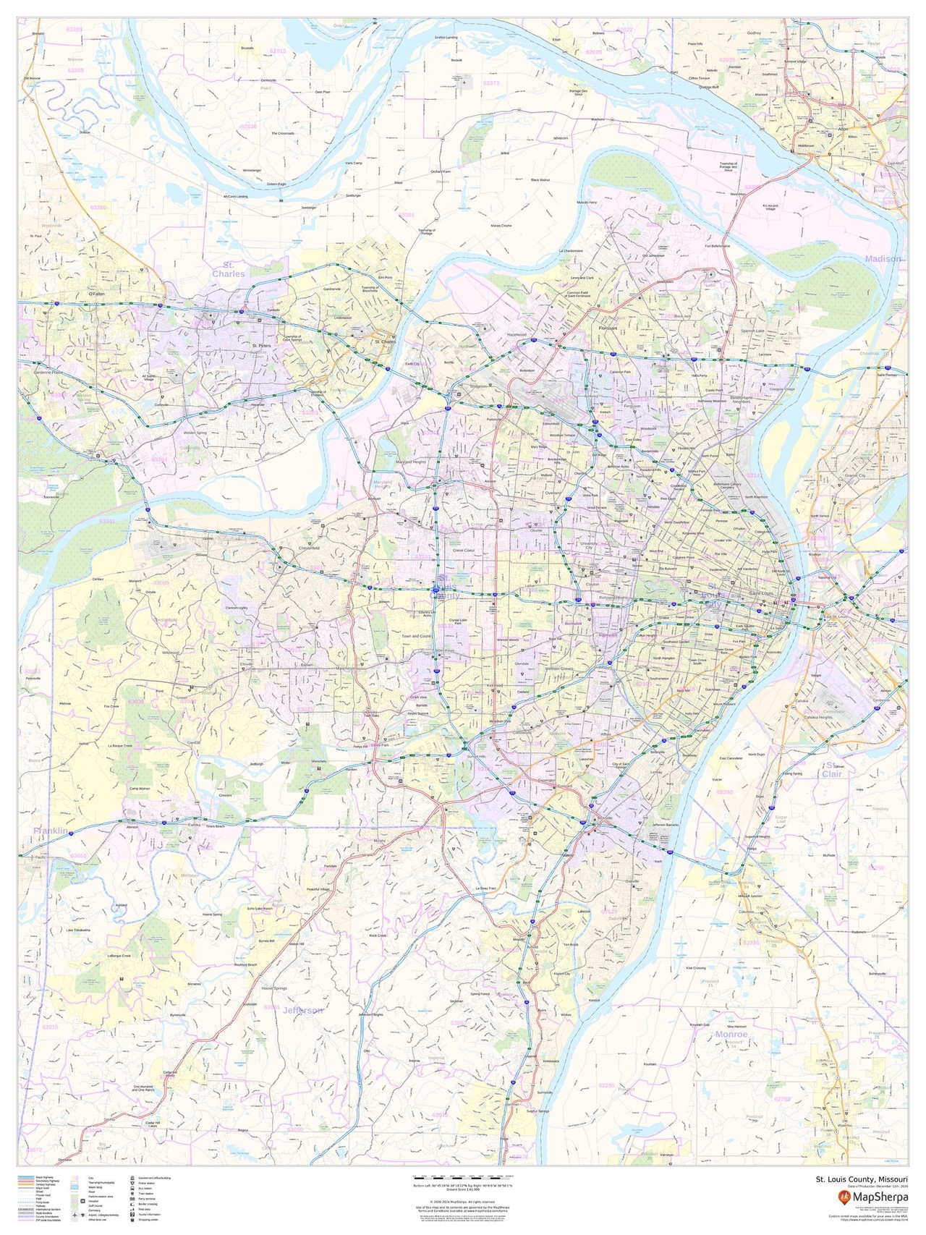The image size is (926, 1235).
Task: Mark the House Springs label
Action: click(274, 988)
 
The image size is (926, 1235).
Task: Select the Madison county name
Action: click(883, 258)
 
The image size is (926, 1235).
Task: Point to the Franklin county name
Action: click(51, 831)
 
